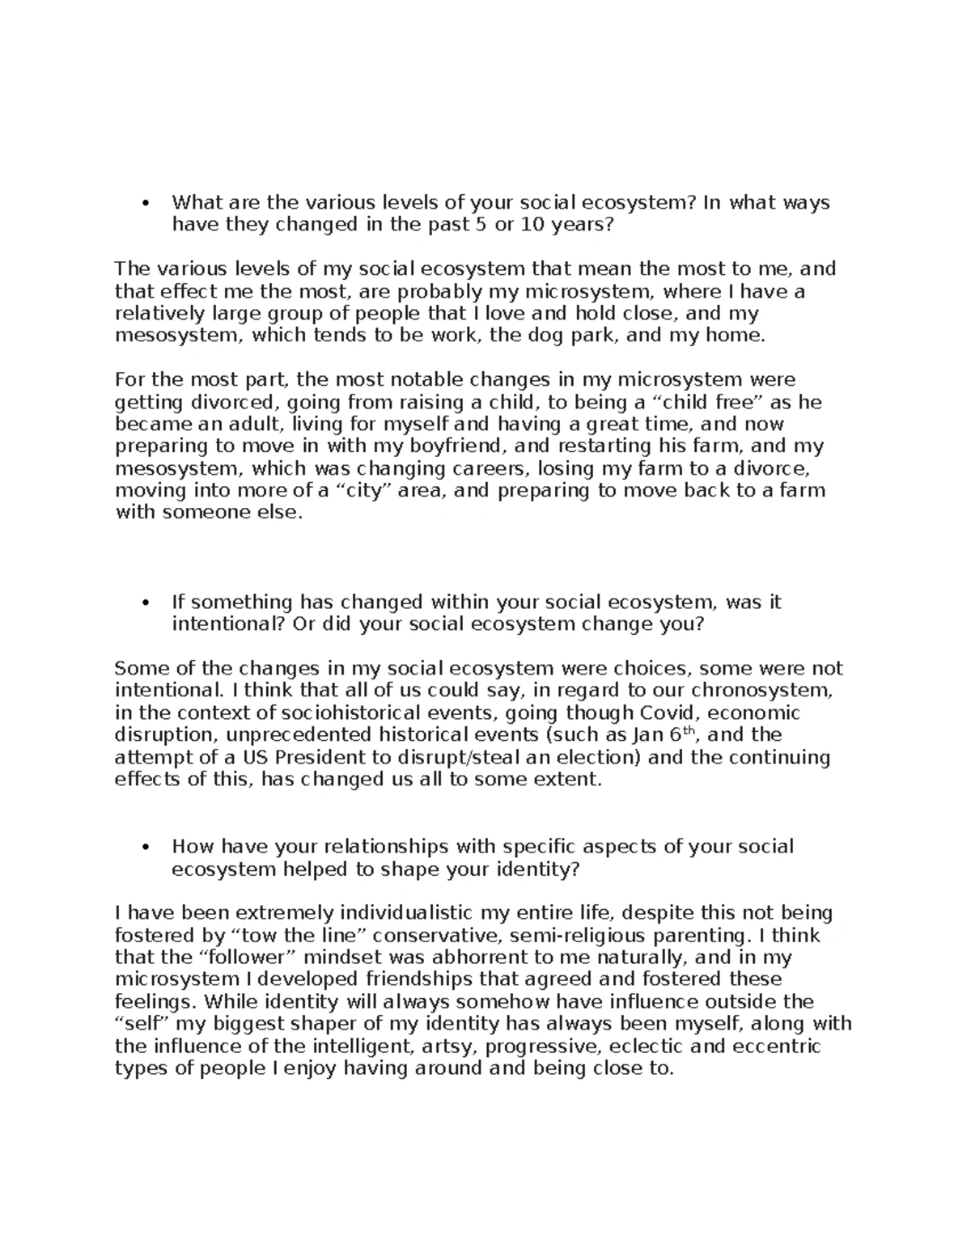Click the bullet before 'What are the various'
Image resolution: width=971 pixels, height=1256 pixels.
[146, 203]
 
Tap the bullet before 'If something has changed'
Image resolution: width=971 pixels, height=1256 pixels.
[146, 603]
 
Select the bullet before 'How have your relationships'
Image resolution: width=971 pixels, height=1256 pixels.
[146, 848]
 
